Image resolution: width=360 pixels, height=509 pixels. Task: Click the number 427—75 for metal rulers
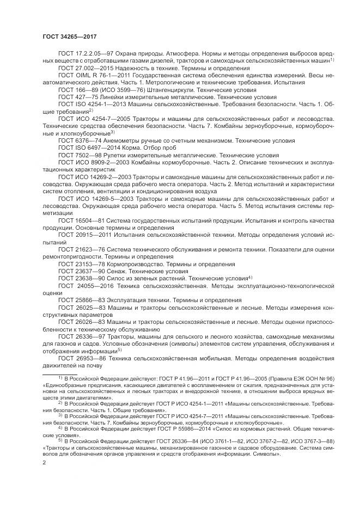pos(83,96)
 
